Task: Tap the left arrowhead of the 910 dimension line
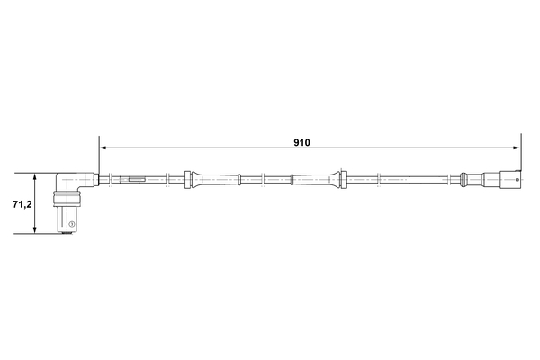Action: click(x=103, y=148)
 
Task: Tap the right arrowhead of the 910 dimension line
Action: click(x=516, y=148)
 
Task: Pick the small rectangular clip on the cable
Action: click(x=139, y=179)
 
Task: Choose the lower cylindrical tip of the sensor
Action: click(x=68, y=220)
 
